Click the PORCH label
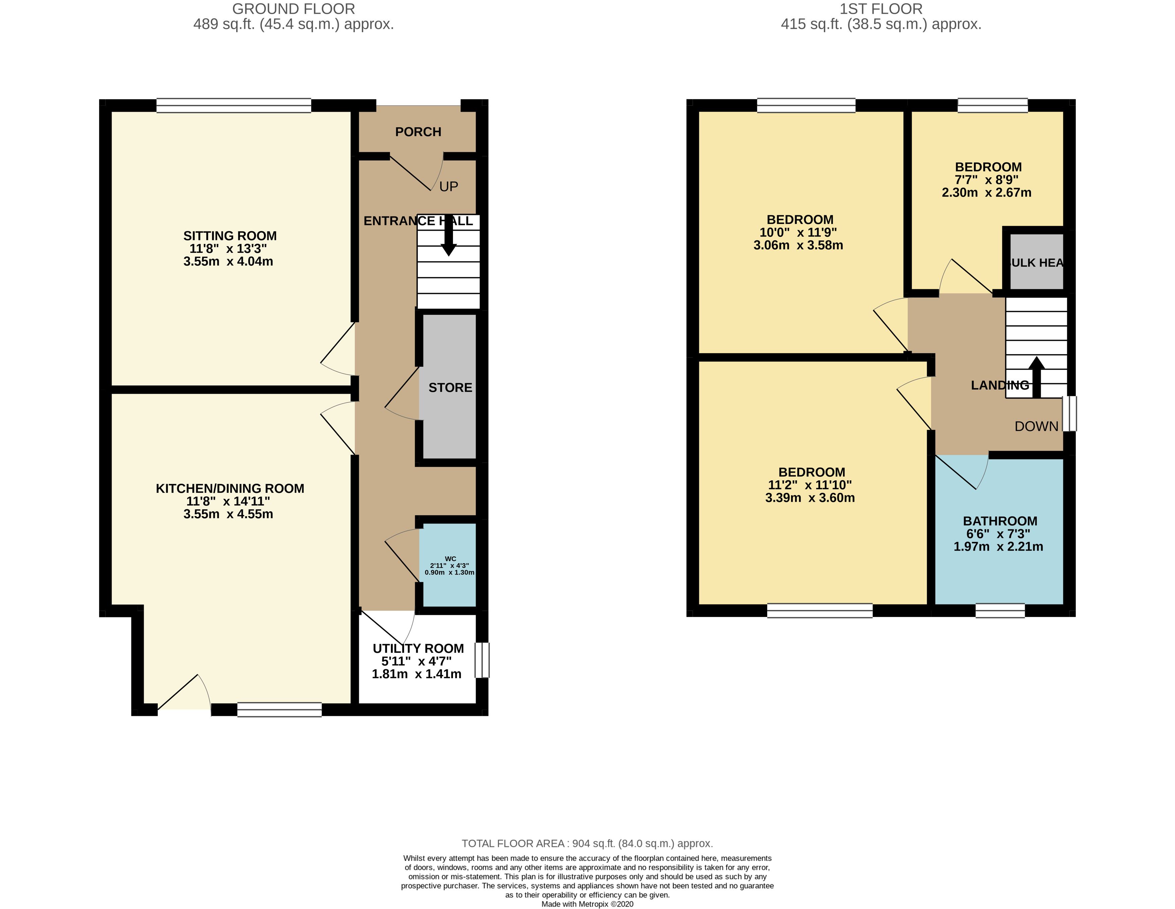[418, 132]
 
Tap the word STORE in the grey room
[450, 388]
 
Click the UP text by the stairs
[449, 187]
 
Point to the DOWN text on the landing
[1036, 427]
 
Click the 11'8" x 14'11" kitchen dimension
[228, 501]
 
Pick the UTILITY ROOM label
[418, 648]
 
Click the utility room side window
[482, 660]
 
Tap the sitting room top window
[234, 106]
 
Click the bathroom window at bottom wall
[1000, 611]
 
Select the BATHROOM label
[1000, 521]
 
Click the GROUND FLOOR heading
[293, 9]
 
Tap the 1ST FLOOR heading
[881, 9]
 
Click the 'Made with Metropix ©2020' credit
[587, 904]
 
